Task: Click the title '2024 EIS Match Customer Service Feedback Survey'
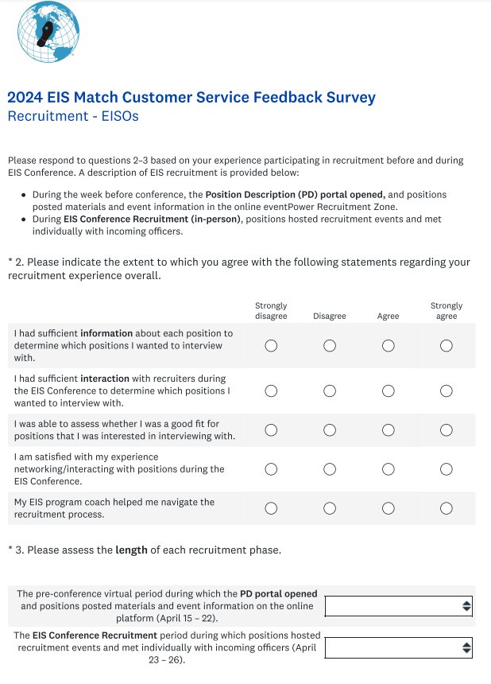click(x=191, y=98)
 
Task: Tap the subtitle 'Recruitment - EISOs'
click(x=73, y=116)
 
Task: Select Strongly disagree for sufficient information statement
click(x=271, y=345)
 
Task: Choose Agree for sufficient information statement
click(x=388, y=345)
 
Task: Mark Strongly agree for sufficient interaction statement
click(x=447, y=391)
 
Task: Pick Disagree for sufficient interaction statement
click(x=330, y=391)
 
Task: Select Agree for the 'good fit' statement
click(x=388, y=430)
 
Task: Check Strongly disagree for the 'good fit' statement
click(x=271, y=430)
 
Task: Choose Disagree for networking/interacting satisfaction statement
click(x=330, y=469)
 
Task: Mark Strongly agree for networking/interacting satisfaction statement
click(x=447, y=469)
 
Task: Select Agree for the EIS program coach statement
click(x=388, y=508)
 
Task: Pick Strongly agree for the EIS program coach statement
click(x=447, y=508)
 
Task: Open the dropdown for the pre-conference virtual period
click(x=399, y=606)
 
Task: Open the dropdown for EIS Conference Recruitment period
click(x=399, y=647)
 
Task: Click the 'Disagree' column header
click(x=330, y=316)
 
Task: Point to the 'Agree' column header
click(x=388, y=316)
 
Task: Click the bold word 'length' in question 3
click(x=131, y=550)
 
